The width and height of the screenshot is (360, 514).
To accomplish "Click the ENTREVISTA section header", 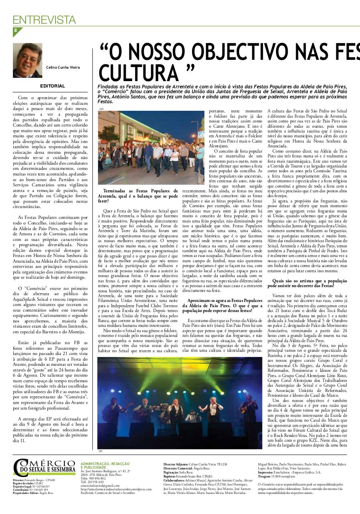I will point(44,19).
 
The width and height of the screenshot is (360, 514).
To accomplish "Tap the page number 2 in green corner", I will point(15,30).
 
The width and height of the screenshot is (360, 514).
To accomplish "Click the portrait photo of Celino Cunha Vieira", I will point(27,60).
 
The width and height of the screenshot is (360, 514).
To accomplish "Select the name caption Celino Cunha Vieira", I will point(63,67).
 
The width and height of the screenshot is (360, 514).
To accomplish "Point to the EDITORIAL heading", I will point(52,86).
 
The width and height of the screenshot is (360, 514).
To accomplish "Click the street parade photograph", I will point(145,147).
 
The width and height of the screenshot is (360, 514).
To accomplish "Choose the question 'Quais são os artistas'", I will point(304,283).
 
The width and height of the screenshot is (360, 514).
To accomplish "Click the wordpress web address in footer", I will point(116,489).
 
